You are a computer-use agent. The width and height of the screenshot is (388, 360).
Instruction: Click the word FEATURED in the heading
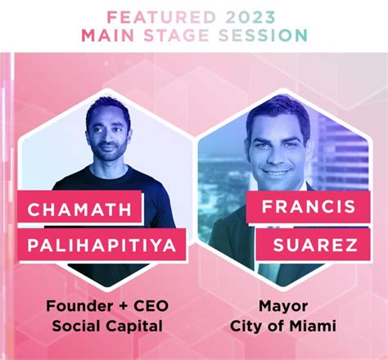click(x=161, y=17)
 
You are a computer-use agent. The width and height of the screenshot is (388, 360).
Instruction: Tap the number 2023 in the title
click(x=250, y=17)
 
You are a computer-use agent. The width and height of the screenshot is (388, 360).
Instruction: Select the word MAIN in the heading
click(x=108, y=35)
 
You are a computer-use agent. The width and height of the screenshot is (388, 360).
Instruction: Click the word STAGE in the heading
click(x=176, y=35)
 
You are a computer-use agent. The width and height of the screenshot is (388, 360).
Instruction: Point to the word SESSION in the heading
click(x=263, y=35)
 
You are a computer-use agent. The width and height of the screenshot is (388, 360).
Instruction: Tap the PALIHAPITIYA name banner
click(x=102, y=245)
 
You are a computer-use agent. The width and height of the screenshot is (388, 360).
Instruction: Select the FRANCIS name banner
click(x=309, y=206)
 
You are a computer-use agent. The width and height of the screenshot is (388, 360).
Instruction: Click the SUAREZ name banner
click(x=313, y=244)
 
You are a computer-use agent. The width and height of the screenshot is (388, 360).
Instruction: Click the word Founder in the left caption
click(x=79, y=306)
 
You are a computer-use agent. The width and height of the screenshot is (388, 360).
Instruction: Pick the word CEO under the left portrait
click(x=151, y=306)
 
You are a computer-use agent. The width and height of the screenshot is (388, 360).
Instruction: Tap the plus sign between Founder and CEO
click(x=123, y=306)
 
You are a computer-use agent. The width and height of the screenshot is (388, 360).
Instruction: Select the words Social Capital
click(x=107, y=326)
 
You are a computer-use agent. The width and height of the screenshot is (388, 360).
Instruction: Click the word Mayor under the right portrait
click(x=283, y=307)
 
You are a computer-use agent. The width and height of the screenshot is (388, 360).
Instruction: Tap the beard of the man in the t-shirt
click(x=109, y=154)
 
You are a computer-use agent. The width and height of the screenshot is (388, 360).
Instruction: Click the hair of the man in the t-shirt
click(x=108, y=108)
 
